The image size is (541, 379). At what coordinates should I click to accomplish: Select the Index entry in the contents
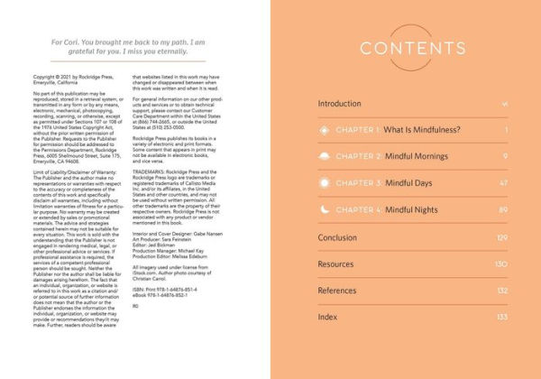[327, 318]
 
